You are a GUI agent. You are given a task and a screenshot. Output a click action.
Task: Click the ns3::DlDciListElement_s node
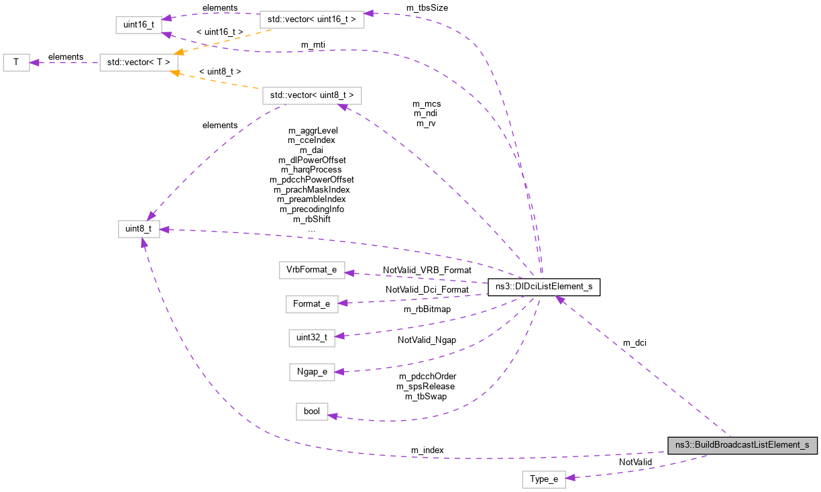[544, 287]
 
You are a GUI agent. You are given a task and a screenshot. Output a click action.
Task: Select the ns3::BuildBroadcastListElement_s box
[742, 444]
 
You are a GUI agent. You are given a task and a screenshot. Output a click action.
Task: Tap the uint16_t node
[140, 24]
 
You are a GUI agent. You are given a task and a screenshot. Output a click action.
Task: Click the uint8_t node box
[139, 229]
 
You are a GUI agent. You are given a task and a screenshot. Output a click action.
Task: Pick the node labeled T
[16, 62]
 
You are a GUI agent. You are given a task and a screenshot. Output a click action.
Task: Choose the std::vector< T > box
[139, 62]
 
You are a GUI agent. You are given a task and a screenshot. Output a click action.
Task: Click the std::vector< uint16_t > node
[311, 19]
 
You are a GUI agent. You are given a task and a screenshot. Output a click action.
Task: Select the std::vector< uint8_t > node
[312, 95]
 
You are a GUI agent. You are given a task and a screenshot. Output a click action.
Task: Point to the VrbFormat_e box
[312, 270]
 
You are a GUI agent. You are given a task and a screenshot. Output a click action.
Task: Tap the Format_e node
[311, 303]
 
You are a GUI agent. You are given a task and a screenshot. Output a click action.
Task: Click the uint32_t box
[311, 337]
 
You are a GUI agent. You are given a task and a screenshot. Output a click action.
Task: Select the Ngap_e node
[312, 371]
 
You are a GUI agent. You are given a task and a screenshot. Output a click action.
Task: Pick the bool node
[312, 411]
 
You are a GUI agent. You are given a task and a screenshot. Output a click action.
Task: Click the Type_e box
[543, 479]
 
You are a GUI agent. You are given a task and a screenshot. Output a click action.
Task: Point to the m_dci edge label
[635, 343]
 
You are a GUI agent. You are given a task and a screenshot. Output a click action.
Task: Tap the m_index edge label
[427, 450]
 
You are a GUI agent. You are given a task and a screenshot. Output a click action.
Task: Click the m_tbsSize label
[427, 7]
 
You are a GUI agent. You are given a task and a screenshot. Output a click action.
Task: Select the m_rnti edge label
[313, 45]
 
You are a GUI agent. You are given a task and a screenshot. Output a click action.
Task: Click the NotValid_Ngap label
[427, 340]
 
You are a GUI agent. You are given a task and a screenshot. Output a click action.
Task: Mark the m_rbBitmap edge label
[427, 309]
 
